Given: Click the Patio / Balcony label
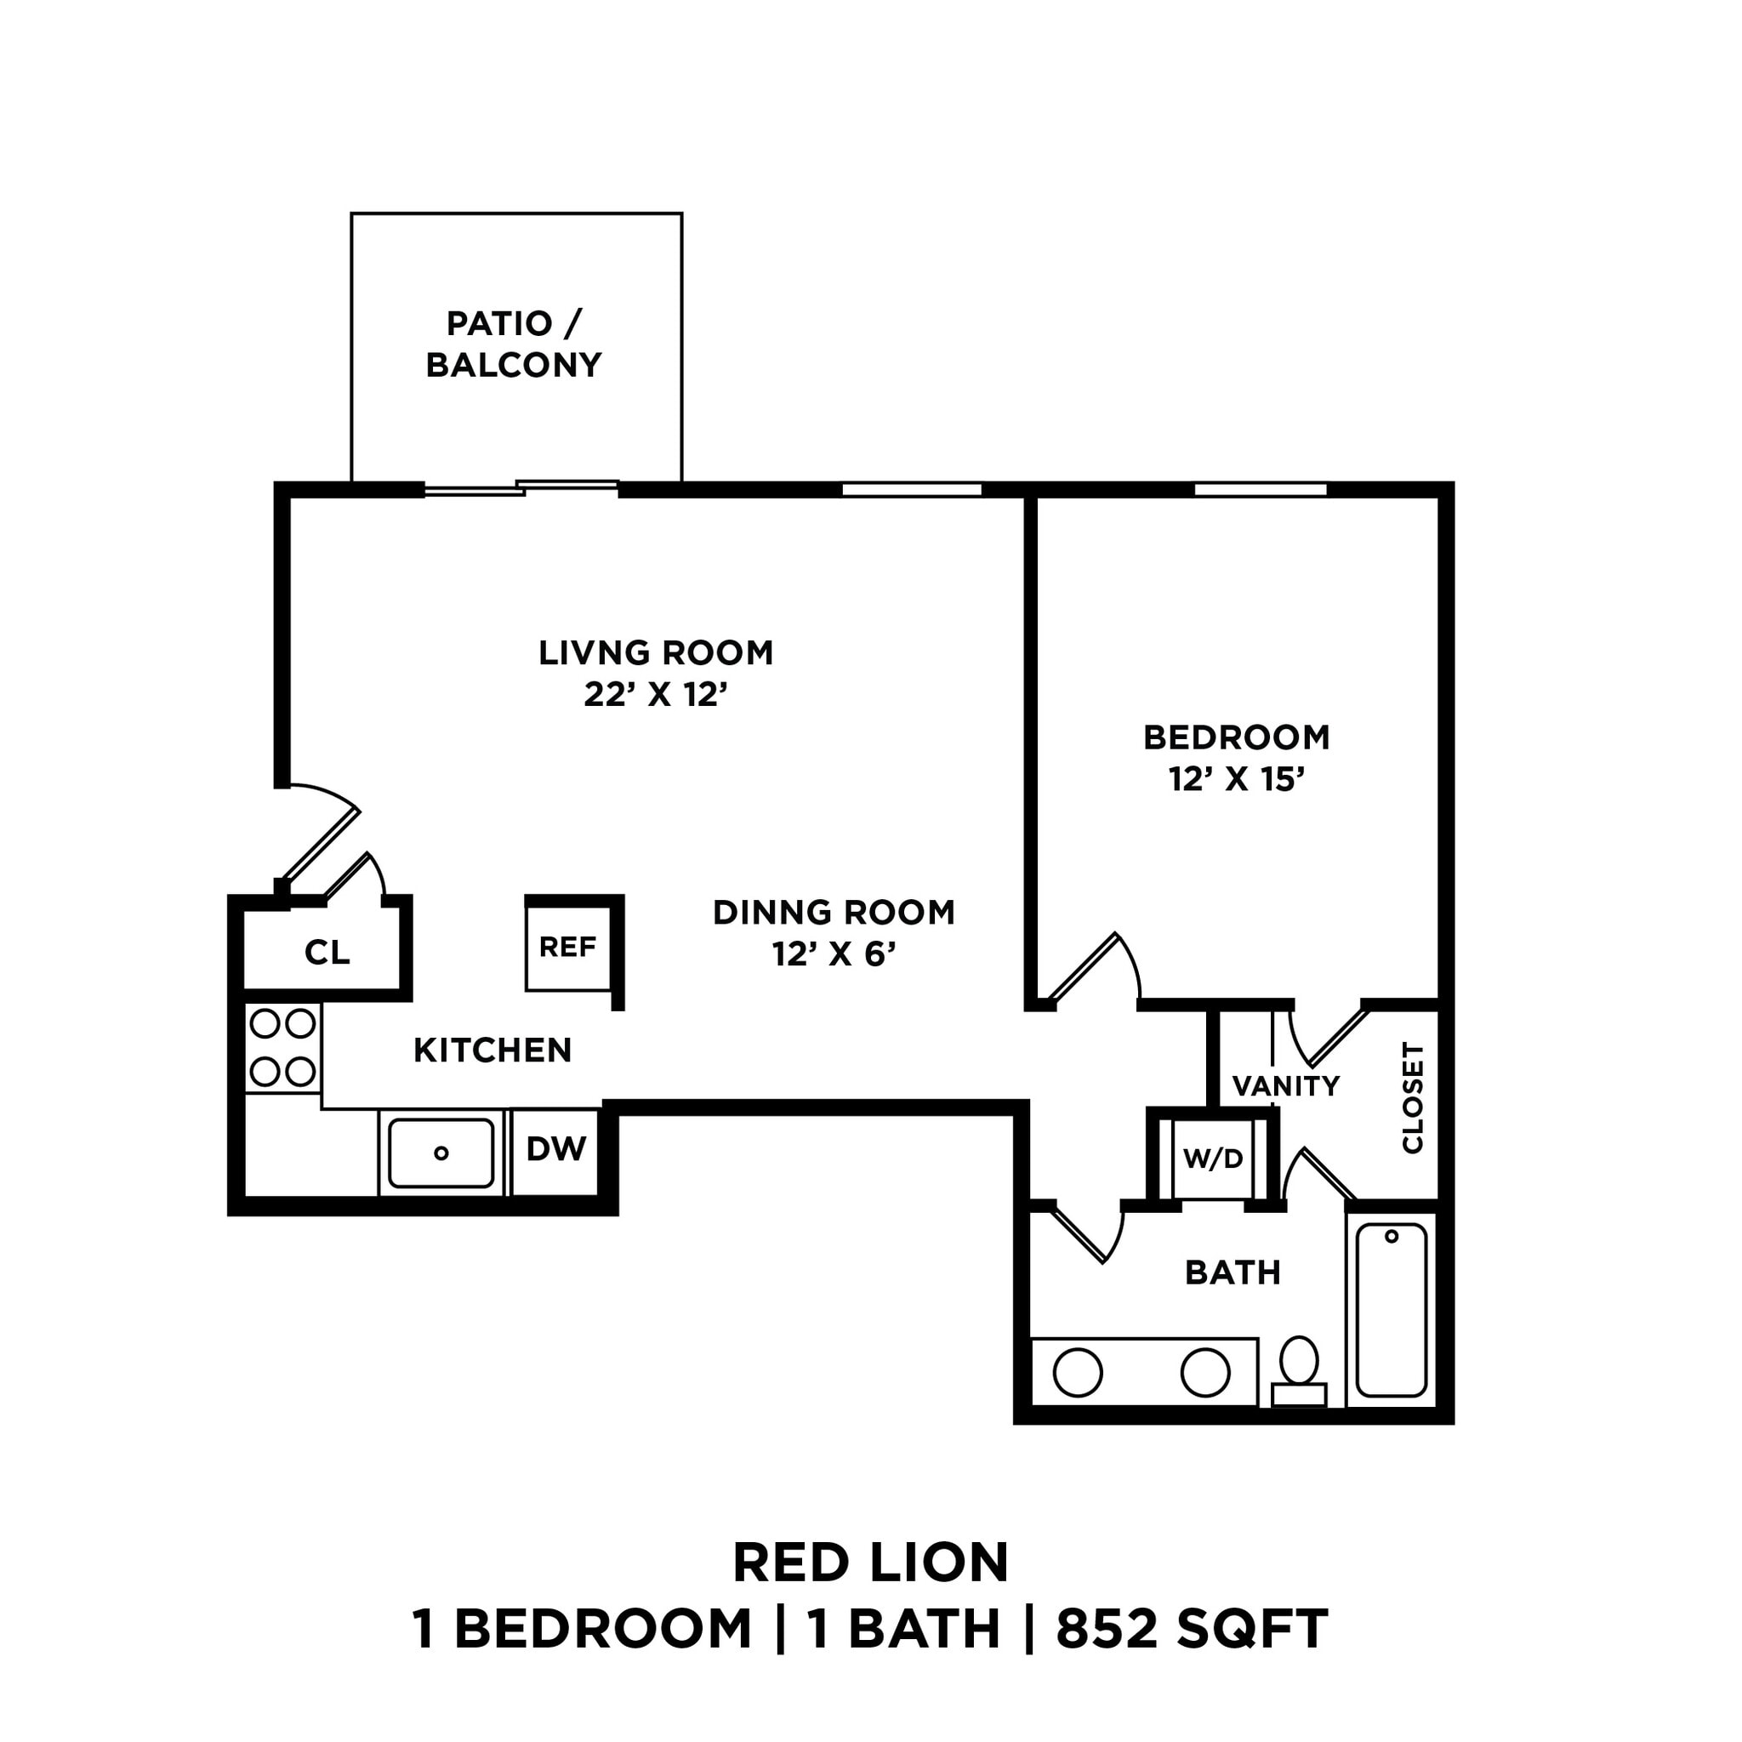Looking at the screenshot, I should (x=514, y=344).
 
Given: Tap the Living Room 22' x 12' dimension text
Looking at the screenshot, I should (x=656, y=695).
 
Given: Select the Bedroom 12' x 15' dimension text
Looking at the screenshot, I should (x=1237, y=779).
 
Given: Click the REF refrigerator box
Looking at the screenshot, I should (x=567, y=948).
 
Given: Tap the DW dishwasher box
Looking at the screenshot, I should (x=555, y=1148).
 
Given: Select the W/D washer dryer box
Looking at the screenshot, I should (x=1213, y=1158).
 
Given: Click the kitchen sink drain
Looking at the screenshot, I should (x=441, y=1153).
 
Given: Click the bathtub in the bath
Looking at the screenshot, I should (x=1392, y=1308).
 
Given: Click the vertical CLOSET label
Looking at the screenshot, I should (x=1412, y=1097).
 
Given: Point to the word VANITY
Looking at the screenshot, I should (x=1286, y=1086).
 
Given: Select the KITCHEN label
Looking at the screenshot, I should (x=492, y=1050).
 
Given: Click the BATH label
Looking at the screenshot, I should (x=1232, y=1273).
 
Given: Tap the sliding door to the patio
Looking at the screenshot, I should (x=521, y=489).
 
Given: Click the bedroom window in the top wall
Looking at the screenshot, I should (x=1261, y=490).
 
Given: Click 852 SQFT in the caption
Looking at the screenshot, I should (x=1192, y=1654).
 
